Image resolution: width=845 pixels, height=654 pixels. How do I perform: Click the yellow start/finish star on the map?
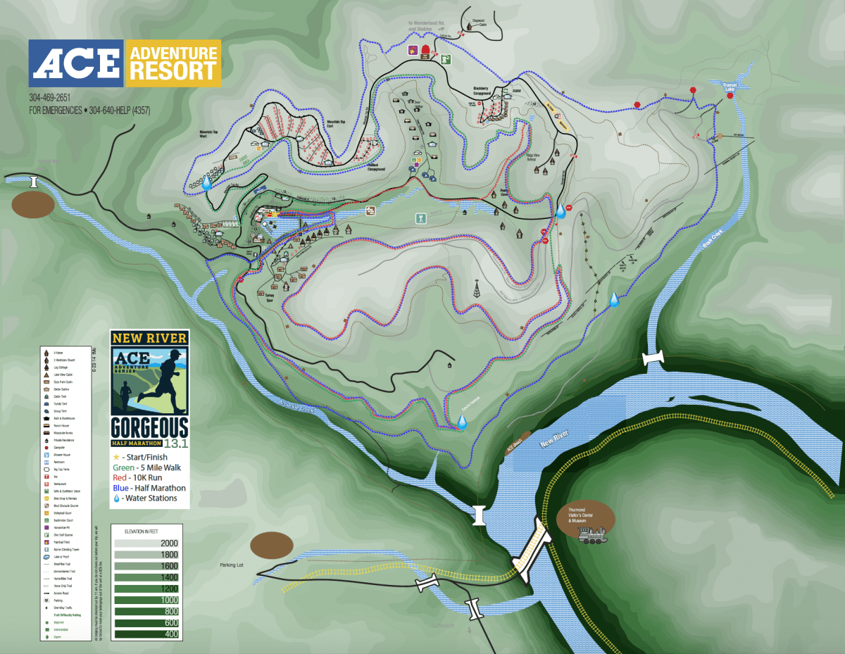(277, 211)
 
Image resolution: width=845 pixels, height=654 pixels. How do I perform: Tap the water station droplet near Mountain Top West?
(207, 182)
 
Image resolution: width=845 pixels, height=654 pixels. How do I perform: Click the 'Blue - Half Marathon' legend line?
(149, 487)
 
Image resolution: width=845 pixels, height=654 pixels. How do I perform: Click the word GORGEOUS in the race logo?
(149, 427)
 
